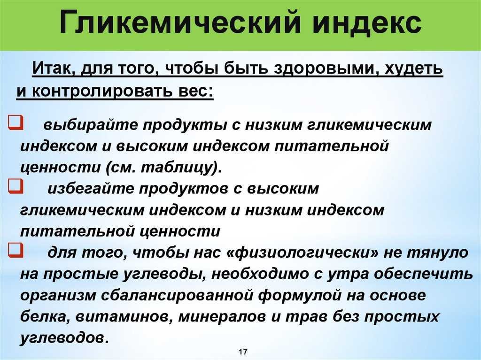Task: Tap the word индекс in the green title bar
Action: pyautogui.click(x=367, y=23)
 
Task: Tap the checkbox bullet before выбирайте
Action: pyautogui.click(x=15, y=123)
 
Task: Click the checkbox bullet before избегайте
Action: pyautogui.click(x=15, y=186)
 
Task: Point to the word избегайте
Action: pyautogui.click(x=91, y=189)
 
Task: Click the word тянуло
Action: pyautogui.click(x=438, y=253)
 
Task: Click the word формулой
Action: pyautogui.click(x=300, y=295)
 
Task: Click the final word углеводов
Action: pyautogui.click(x=64, y=338)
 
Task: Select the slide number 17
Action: pyautogui.click(x=243, y=352)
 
